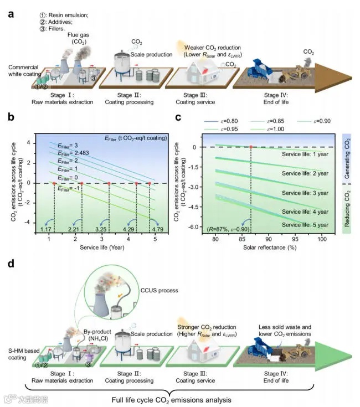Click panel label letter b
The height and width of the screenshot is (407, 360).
coord(10,117)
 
